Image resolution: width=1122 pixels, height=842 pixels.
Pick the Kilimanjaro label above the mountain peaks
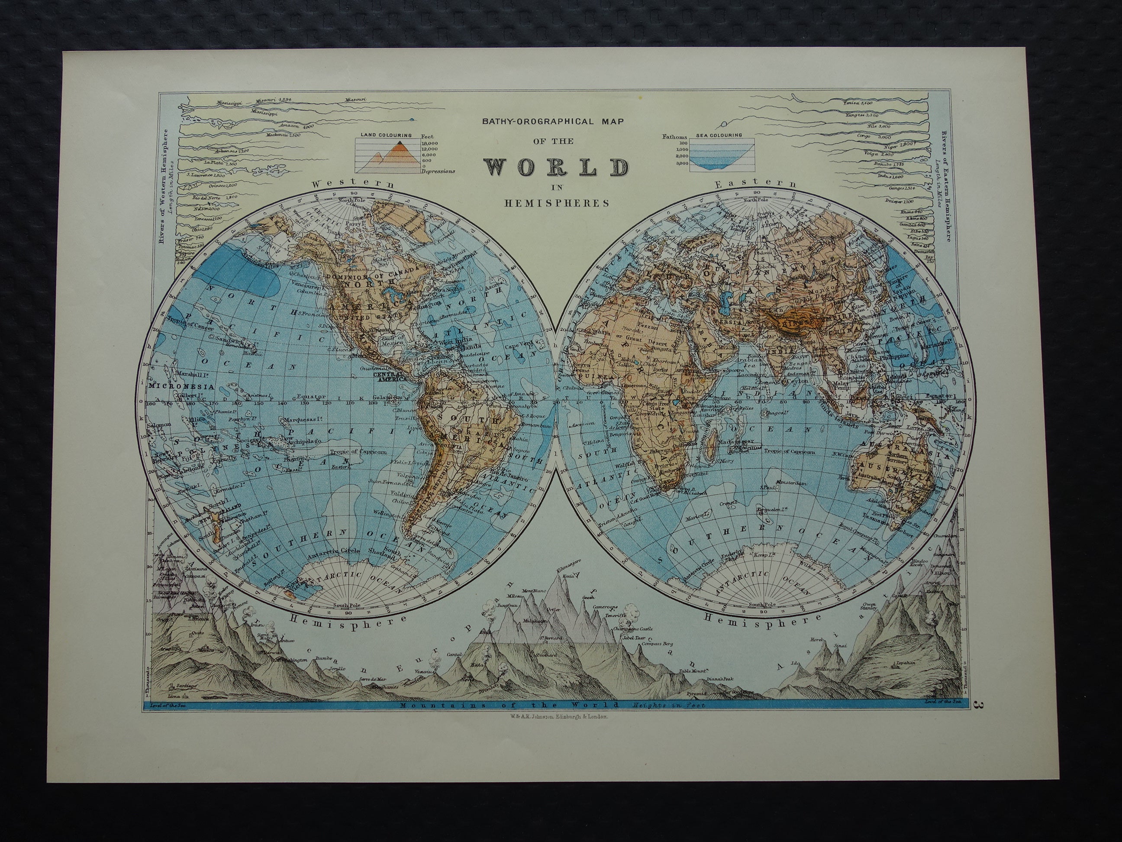[570, 561]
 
